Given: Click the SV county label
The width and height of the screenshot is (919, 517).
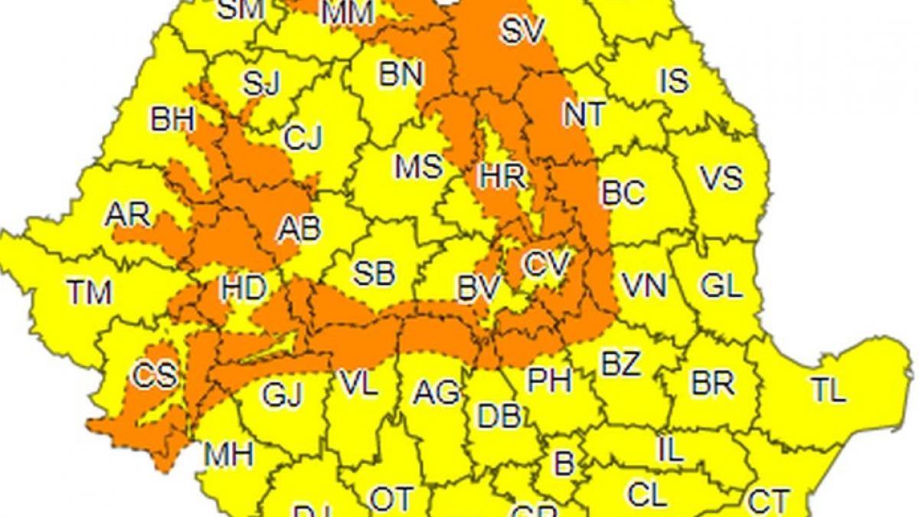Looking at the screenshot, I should (522, 31).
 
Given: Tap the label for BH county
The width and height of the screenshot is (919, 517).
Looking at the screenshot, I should (172, 119).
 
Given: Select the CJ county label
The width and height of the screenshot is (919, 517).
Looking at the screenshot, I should (303, 139).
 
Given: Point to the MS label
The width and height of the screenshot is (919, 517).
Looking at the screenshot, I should (418, 166).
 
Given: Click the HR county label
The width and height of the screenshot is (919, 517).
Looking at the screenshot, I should (502, 178).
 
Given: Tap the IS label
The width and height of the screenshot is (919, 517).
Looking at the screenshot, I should (674, 80).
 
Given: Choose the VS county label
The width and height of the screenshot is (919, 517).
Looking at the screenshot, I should (721, 178).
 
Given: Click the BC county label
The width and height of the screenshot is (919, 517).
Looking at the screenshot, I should (623, 193).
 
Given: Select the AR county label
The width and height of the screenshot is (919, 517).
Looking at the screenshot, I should (127, 215).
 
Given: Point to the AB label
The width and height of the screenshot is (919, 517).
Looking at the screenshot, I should (299, 229).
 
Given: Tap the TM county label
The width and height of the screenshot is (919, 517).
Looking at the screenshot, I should (90, 292).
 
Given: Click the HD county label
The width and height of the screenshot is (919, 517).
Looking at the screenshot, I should (243, 289).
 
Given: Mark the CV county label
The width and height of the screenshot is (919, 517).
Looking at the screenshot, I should (547, 265).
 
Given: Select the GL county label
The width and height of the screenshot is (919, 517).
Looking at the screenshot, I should (721, 286).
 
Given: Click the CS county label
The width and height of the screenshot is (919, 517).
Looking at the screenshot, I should (155, 375).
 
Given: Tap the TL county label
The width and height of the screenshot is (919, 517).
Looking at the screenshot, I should (829, 391).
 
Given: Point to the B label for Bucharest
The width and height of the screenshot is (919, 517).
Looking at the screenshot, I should (563, 463).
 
